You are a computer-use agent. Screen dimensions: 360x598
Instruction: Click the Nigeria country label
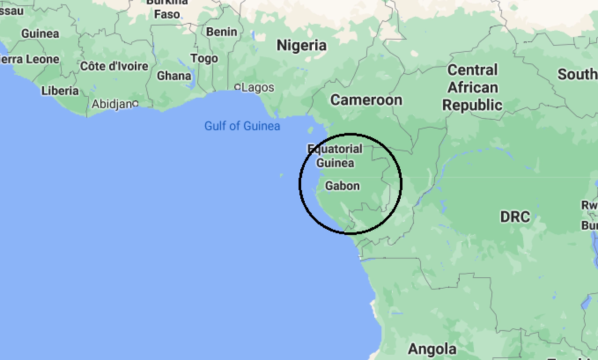[302, 45]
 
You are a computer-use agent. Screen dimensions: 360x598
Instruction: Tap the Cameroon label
[366, 100]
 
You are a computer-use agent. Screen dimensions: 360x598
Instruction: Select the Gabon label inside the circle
[342, 186]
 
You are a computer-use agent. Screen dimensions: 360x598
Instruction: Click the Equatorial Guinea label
[335, 156]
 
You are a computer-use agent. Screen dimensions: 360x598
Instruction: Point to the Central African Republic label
[472, 88]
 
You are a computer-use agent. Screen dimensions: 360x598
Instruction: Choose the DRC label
[515, 217]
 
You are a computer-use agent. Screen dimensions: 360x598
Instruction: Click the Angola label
[432, 349]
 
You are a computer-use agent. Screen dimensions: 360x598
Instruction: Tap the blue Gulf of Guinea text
[242, 126]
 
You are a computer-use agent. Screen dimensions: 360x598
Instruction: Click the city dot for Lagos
[238, 87]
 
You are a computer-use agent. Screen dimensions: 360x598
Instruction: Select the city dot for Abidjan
[136, 103]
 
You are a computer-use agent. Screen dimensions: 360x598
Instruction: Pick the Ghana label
[174, 76]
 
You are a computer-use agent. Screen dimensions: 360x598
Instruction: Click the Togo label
[204, 58]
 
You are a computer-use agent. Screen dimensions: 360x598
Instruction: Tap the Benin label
[221, 32]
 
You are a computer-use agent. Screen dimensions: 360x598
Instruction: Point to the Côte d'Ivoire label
[114, 66]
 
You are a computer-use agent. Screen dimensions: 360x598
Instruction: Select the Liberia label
[60, 91]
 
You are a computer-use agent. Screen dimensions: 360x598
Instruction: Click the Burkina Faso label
[167, 9]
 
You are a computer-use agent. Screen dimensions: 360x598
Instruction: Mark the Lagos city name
[258, 88]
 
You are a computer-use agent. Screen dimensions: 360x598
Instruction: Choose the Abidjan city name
[112, 104]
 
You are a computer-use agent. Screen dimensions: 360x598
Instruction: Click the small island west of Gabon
[281, 176]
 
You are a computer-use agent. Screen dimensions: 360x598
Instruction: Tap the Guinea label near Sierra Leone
[40, 33]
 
